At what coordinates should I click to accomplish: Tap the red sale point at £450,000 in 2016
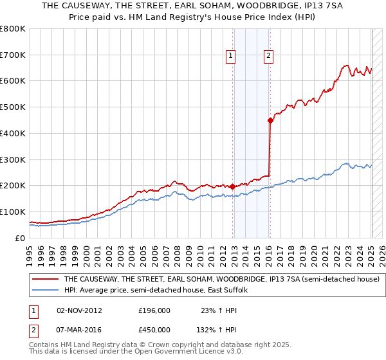[x=271, y=120]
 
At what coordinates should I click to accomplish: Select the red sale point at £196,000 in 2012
[x=232, y=186]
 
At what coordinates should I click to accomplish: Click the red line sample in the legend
[x=46, y=280]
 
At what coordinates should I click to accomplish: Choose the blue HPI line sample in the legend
[x=46, y=291]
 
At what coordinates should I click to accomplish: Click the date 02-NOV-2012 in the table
[x=80, y=310]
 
